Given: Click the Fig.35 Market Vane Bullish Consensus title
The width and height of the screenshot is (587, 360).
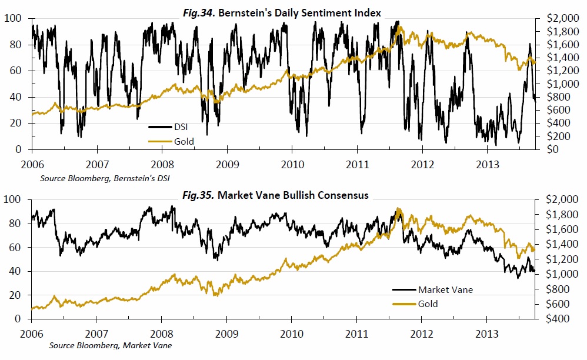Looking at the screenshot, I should point(293,195).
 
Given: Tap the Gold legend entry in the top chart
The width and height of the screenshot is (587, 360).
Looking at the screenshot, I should point(184,141).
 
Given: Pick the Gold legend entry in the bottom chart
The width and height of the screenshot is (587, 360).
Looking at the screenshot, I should point(428,304).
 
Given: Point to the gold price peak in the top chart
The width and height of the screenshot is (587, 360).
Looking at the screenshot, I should point(401,28).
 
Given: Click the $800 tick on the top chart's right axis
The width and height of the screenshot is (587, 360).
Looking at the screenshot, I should point(551,97).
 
